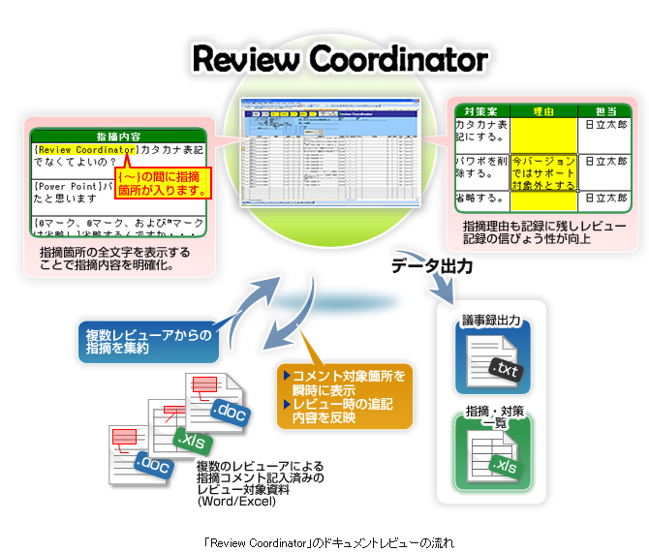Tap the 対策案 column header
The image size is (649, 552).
pos(481,111)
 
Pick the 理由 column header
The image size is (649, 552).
pos(543,111)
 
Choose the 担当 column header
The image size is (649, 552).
pos(604,111)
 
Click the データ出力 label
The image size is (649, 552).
pos(432,266)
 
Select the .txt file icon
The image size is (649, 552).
pos(492,359)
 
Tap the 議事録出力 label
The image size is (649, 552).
pos(492,320)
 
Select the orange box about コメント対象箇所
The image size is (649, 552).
pos(345,396)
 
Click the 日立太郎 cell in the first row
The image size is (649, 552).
pos(604,126)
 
